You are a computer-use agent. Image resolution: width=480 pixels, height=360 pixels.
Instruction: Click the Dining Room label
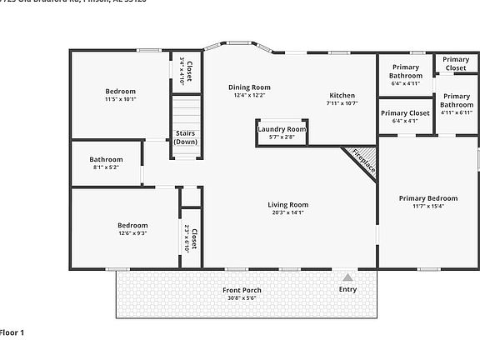coord(249,87)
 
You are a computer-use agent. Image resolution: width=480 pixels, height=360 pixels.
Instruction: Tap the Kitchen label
coord(342,95)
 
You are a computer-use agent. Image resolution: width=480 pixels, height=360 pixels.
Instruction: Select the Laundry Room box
coord(282,132)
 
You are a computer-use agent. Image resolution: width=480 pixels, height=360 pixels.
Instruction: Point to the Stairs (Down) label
coord(186,137)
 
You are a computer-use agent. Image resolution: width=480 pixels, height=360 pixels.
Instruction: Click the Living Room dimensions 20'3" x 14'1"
coord(287,212)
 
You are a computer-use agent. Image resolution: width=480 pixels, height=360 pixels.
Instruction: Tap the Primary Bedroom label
coord(427,198)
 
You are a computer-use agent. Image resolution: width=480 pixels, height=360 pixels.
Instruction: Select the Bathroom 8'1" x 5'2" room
coord(106,163)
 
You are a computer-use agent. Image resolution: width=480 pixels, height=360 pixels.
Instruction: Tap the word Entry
coord(347,289)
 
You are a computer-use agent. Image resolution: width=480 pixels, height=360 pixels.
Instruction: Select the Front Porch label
coord(242,290)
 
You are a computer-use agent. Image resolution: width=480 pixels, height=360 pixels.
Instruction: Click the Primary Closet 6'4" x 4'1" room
coord(405,116)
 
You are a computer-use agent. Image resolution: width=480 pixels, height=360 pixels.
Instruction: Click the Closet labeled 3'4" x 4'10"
coord(187,70)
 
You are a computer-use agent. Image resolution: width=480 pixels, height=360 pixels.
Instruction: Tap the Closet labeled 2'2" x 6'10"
coord(191,239)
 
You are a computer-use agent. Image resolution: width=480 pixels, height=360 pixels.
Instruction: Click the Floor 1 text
coord(12,332)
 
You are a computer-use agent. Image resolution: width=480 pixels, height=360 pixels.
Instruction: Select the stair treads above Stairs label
coord(186,112)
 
